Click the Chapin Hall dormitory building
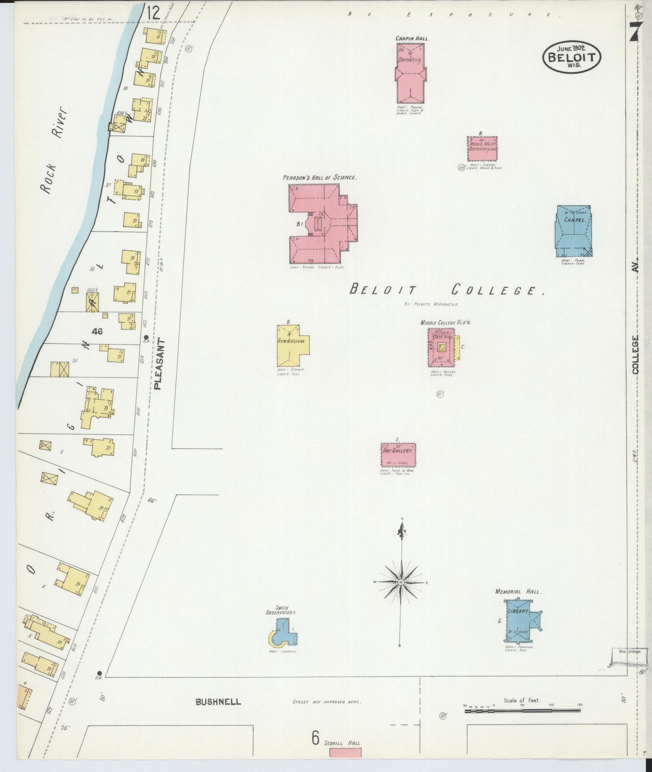(x=410, y=74)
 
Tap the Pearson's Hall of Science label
(x=319, y=178)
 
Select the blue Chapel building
(x=573, y=231)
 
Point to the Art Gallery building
(x=398, y=455)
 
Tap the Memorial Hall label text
(x=518, y=591)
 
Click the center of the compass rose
(x=401, y=582)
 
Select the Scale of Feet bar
(x=523, y=711)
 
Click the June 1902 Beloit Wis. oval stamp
(x=571, y=57)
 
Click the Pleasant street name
(x=157, y=364)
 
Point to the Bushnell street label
(x=218, y=702)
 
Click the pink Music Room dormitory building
(x=482, y=149)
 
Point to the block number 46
(x=97, y=331)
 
